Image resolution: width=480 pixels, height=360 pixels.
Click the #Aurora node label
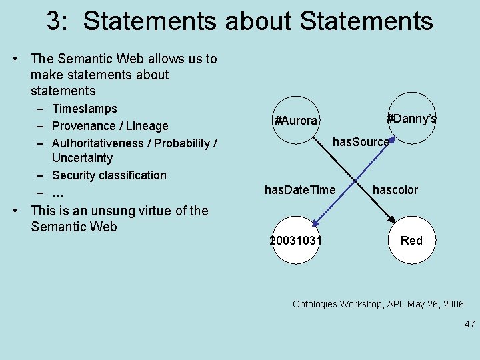295,121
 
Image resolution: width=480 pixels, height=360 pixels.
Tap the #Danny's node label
411,119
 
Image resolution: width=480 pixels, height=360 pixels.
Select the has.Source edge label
361,141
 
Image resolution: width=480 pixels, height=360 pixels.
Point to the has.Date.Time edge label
300,190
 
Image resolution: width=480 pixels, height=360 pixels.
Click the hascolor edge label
395,190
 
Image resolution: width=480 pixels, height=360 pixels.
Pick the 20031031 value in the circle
295,240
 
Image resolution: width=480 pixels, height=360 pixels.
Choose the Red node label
411,240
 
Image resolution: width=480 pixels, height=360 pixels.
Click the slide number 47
469,324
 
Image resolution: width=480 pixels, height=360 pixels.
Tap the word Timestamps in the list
84,109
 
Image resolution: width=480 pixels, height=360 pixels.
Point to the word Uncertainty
82,158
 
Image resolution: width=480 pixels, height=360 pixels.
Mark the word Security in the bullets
74,175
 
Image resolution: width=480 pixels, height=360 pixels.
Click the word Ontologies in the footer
316,304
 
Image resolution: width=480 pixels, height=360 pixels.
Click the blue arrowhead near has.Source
393,140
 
